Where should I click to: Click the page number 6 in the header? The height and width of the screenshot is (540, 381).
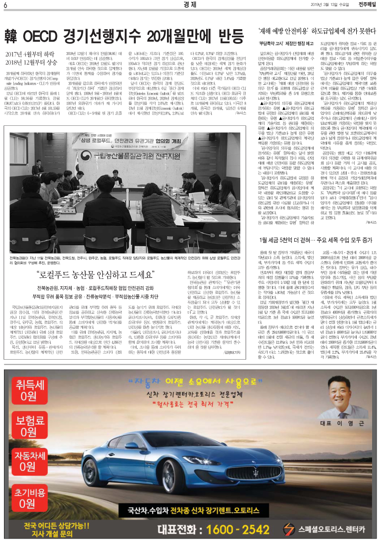coord(4,5)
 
